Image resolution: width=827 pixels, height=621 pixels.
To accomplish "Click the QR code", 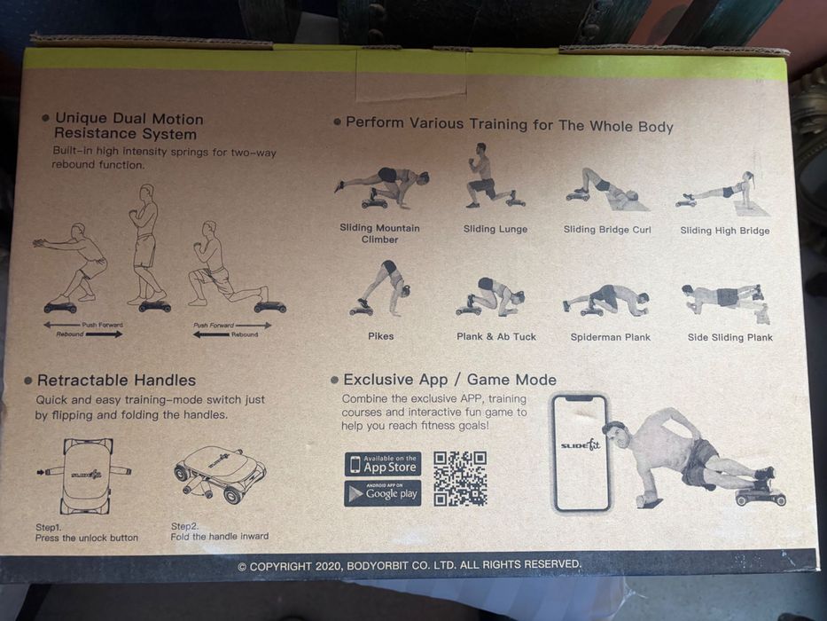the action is tap(460, 478).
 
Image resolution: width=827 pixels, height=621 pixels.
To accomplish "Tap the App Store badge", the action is tap(383, 464).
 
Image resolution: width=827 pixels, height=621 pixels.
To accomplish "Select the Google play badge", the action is tap(383, 493).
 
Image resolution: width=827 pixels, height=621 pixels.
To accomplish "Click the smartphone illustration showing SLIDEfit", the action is tap(581, 453).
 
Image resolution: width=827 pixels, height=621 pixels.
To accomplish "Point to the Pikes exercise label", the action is tap(381, 336).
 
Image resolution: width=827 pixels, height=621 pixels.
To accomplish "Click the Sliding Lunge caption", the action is tap(495, 229).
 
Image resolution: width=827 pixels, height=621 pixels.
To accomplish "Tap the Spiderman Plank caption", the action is tap(610, 337).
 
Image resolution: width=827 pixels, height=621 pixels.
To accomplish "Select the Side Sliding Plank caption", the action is tap(730, 337).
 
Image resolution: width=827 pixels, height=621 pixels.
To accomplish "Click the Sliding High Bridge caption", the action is tap(725, 231).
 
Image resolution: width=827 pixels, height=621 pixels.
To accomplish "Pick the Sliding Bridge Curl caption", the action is tap(607, 230).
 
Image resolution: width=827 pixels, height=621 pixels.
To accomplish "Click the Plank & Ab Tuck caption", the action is tap(496, 336).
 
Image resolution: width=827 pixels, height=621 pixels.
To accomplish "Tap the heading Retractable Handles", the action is tap(117, 381).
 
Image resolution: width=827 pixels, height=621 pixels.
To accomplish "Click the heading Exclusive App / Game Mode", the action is tap(450, 380).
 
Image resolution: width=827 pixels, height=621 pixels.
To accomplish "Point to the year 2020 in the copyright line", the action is tap(329, 566).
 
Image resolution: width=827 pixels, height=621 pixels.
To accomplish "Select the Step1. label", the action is tap(49, 527).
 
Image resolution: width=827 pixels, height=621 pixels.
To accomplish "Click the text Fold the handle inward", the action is tap(220, 537).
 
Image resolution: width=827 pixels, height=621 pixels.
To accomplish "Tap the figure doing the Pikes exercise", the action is tap(381, 288).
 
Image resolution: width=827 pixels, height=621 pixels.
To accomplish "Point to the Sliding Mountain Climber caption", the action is tap(379, 233).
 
